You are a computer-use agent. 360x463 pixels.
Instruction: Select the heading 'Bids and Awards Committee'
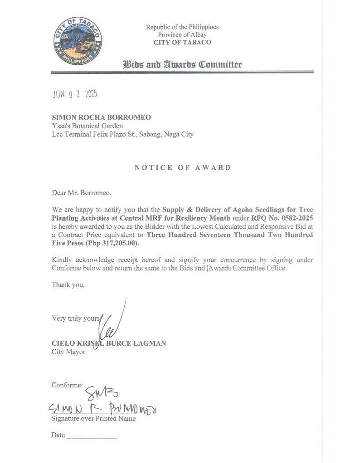(182, 64)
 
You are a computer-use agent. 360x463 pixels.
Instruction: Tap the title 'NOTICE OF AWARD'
(182, 168)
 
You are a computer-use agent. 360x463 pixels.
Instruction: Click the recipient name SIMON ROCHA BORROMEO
(102, 117)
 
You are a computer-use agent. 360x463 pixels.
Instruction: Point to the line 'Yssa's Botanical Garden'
(87, 126)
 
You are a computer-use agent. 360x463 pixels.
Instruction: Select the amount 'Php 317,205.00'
(115, 243)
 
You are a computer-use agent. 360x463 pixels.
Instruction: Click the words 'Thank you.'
(68, 285)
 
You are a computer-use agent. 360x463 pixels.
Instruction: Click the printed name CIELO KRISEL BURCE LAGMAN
(109, 343)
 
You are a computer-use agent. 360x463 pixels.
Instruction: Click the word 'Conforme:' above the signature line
(67, 386)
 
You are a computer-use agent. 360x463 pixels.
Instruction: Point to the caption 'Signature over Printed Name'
(93, 419)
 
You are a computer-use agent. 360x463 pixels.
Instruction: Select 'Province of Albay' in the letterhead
(182, 35)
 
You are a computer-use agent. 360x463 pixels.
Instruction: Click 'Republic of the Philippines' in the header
(182, 27)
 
